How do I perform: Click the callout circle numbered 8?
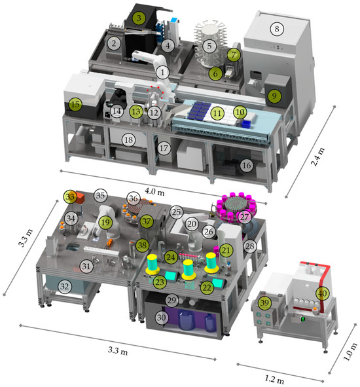pyautogui.click(x=276, y=28)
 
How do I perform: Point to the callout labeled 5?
pyautogui.click(x=209, y=46)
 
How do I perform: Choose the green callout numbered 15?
pyautogui.click(x=75, y=103)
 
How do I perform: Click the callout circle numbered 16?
pyautogui.click(x=246, y=166)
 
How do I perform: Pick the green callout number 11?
pyautogui.click(x=215, y=113)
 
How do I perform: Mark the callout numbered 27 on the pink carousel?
pyautogui.click(x=243, y=216)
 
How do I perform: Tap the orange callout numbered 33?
pyautogui.click(x=70, y=195)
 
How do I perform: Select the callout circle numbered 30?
pyautogui.click(x=160, y=315)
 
